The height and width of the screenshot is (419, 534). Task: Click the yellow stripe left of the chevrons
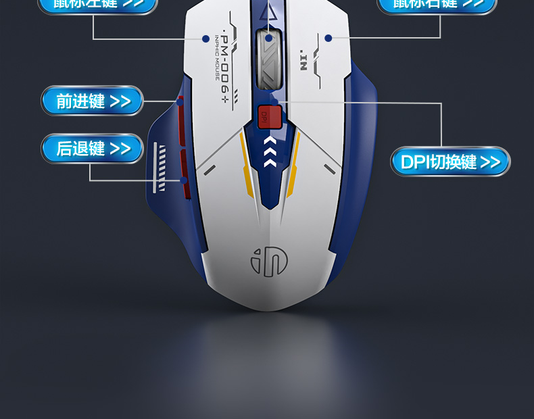click(246, 163)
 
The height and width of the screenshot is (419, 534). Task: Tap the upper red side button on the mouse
click(180, 122)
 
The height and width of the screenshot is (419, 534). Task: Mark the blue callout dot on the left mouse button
click(205, 39)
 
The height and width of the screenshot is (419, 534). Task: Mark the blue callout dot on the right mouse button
click(328, 39)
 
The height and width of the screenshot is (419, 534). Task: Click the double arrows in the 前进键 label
click(120, 101)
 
